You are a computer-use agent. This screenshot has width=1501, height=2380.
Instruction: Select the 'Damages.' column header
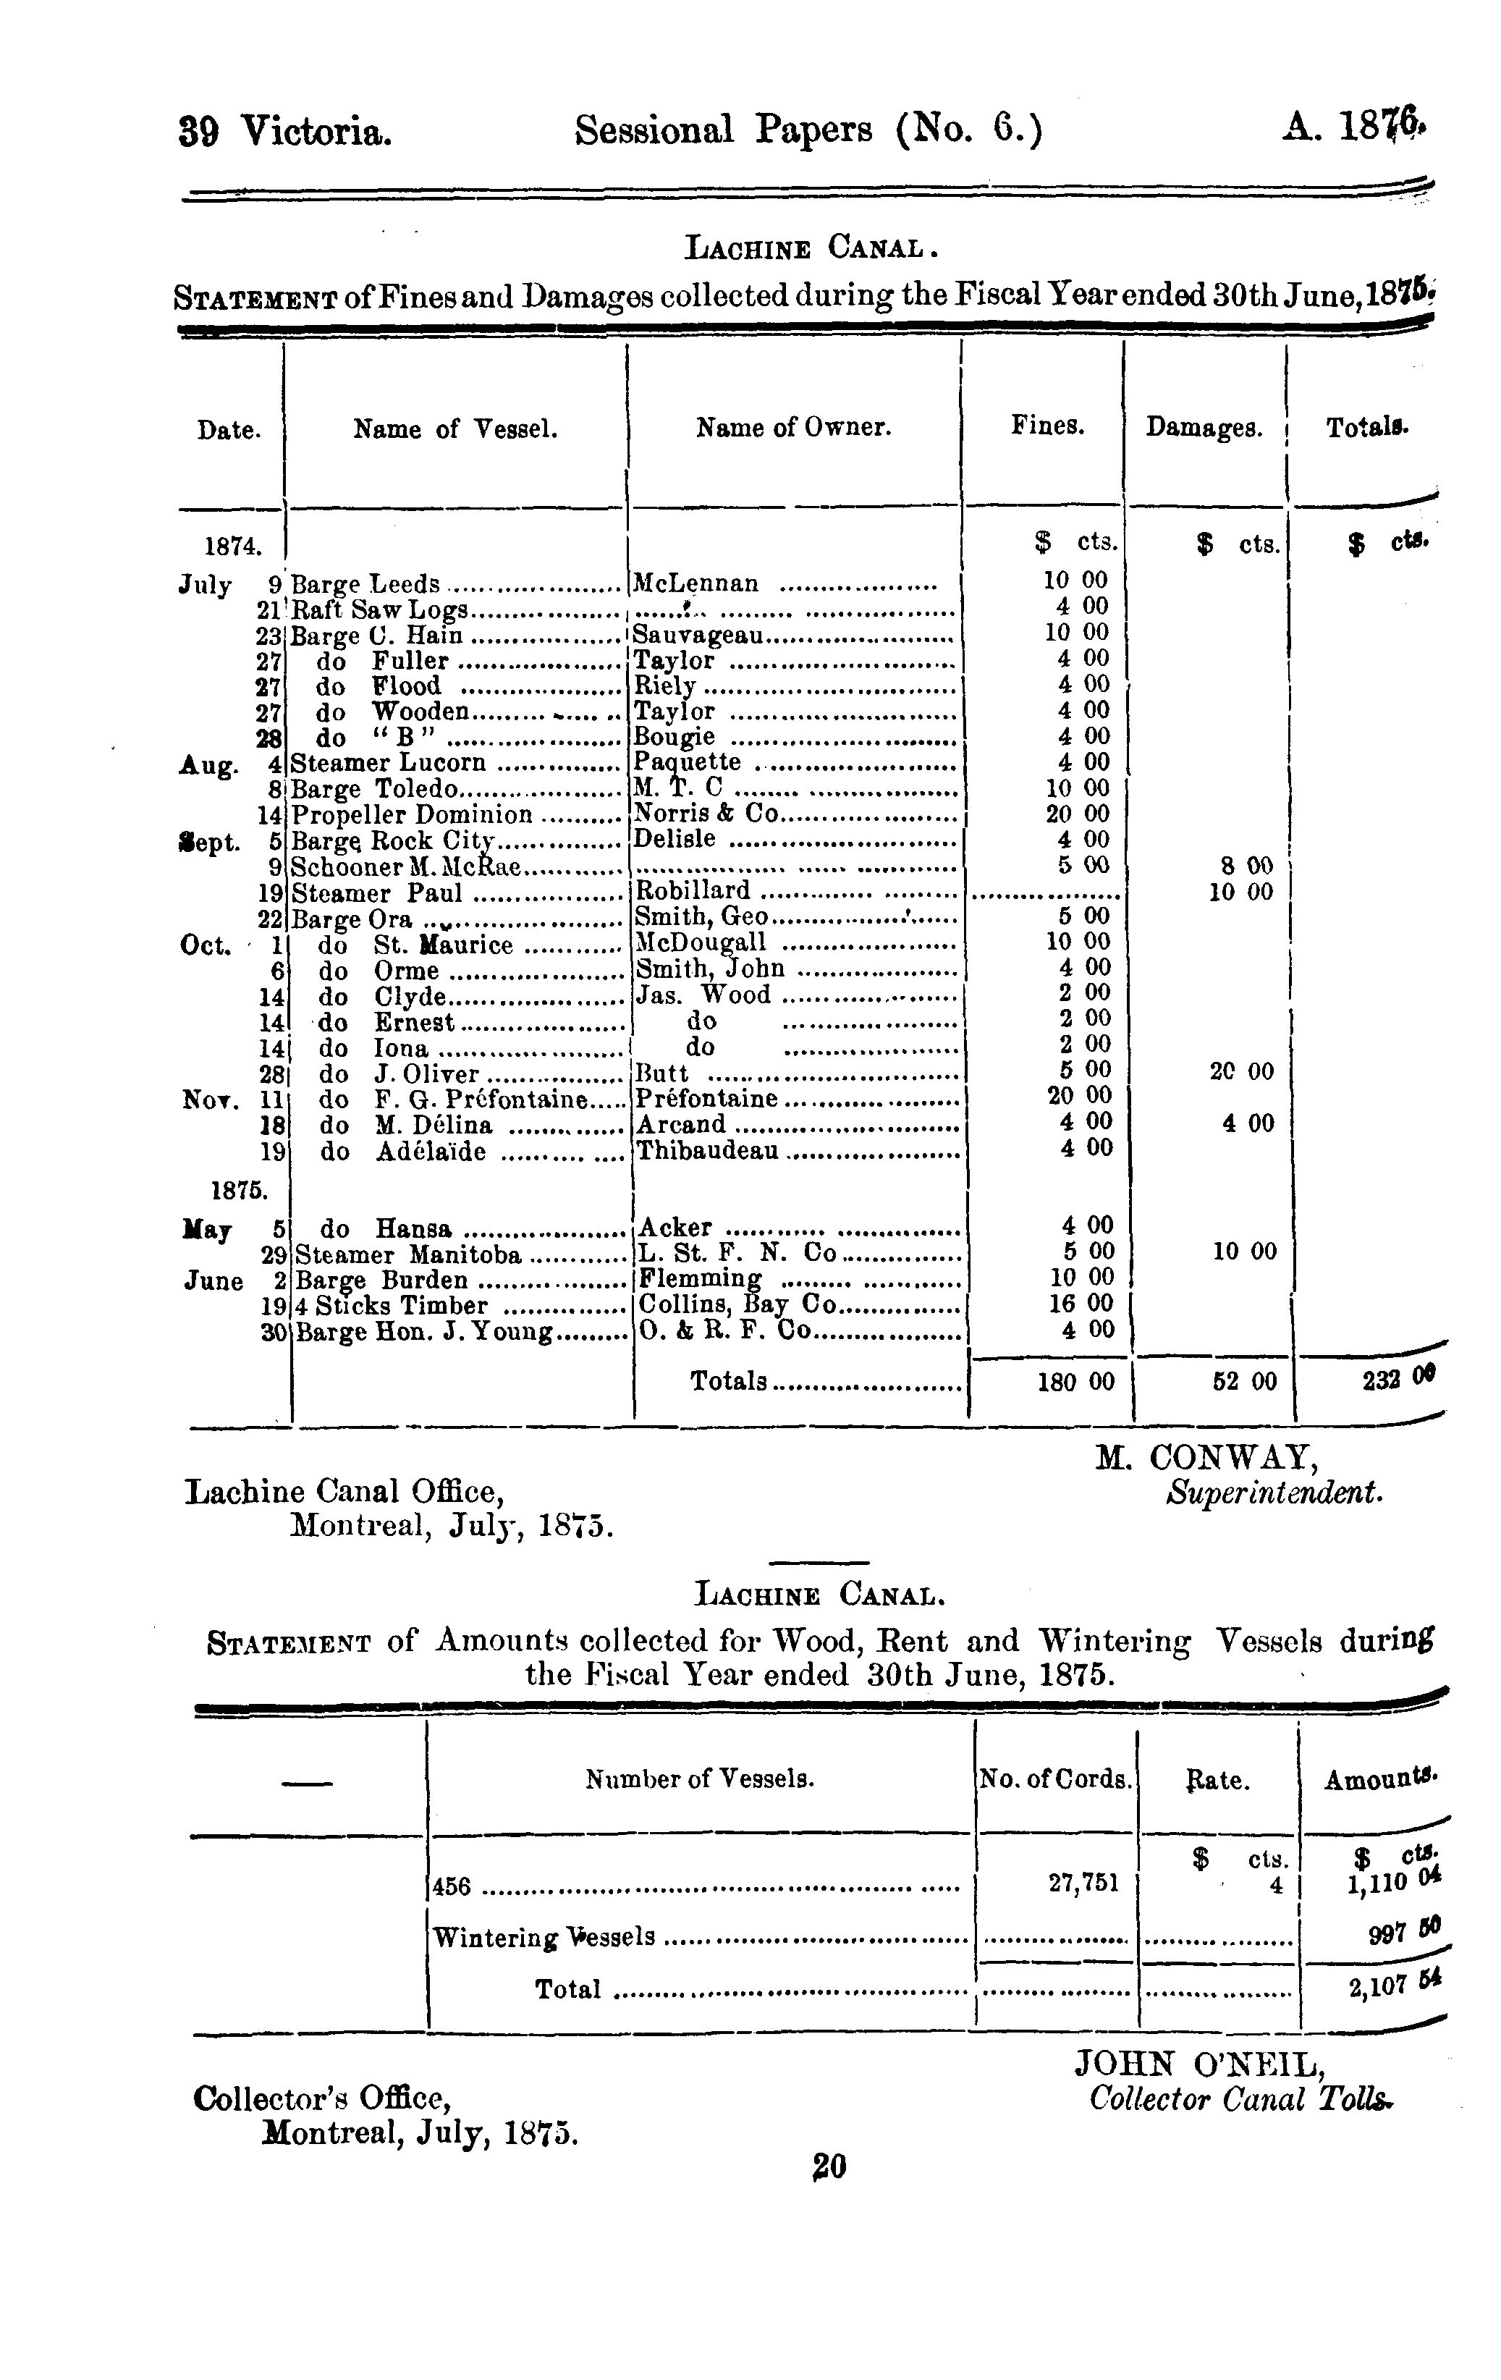coord(1204,427)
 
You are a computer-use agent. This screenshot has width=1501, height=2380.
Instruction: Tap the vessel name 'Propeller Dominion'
coord(412,814)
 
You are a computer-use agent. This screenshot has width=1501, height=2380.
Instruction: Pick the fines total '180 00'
coord(1075,1382)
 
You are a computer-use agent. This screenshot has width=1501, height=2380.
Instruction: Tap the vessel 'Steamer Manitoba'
coord(408,1255)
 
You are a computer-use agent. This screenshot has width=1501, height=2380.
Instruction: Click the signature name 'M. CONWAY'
coord(1204,1458)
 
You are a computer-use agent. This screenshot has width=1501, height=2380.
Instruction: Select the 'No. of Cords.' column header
coord(1054,1780)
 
